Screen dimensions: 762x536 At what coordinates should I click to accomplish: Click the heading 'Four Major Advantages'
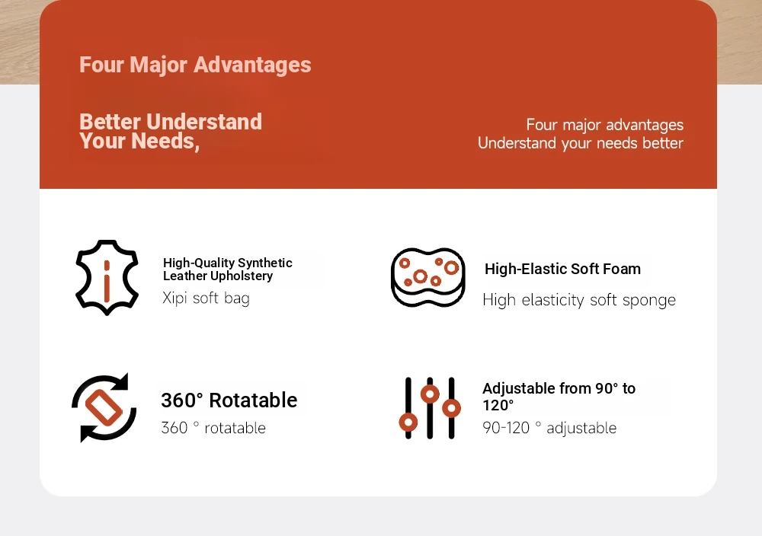(x=195, y=65)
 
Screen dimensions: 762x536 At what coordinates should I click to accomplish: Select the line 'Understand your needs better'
(x=580, y=143)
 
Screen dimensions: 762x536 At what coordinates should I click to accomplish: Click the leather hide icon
(x=107, y=277)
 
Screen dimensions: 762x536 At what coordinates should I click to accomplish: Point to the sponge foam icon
(x=428, y=277)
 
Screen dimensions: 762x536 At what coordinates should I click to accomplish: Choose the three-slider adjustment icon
(x=430, y=408)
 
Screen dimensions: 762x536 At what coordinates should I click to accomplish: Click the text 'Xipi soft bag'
(x=206, y=298)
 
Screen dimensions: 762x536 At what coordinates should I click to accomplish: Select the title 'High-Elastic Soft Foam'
(x=563, y=269)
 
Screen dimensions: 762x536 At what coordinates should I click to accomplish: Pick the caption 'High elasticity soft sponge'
(x=579, y=300)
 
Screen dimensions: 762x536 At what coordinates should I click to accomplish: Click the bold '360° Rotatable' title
(x=229, y=400)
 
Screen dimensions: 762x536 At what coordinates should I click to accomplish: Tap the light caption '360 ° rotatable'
(x=213, y=428)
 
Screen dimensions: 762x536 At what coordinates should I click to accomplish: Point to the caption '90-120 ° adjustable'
(x=549, y=428)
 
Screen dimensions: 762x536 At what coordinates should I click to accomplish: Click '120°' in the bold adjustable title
(x=498, y=405)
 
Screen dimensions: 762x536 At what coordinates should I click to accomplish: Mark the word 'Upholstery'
(x=245, y=276)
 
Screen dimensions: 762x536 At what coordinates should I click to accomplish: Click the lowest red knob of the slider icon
(x=408, y=423)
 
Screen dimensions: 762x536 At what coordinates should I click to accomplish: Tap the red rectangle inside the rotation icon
(x=104, y=408)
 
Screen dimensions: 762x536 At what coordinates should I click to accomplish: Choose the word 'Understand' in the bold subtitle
(x=204, y=122)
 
